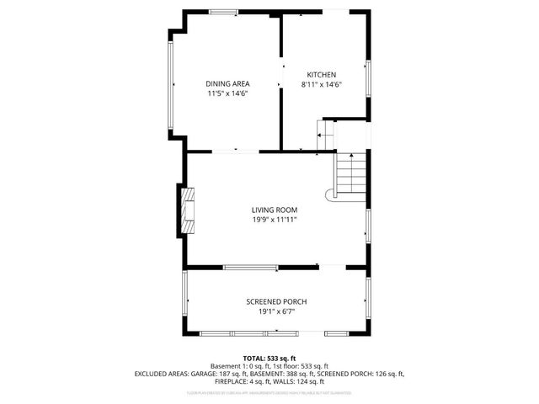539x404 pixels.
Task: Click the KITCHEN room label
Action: click(321, 73)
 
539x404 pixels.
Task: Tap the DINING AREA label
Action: click(227, 83)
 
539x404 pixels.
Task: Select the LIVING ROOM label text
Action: click(274, 210)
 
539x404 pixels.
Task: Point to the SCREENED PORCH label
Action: click(275, 301)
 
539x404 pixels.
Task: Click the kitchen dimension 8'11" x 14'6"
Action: click(321, 84)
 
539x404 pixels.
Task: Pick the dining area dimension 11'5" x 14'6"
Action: click(227, 93)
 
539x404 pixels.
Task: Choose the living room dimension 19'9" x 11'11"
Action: click(274, 220)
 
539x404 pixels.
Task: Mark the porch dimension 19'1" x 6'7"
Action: click(275, 311)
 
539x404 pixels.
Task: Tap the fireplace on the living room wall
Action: click(187, 208)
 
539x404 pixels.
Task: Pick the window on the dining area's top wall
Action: click(223, 11)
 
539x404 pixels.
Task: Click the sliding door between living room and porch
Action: click(251, 268)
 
